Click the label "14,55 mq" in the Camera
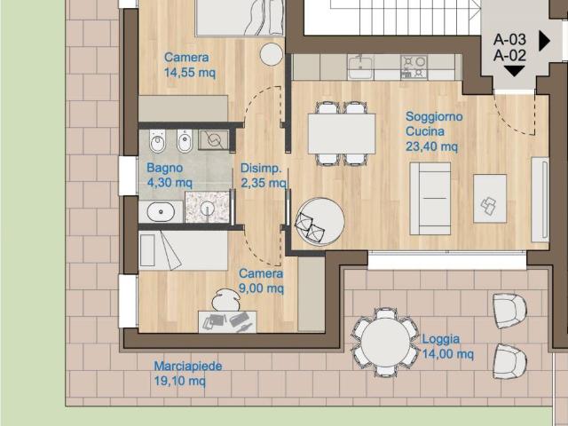tap(190, 73)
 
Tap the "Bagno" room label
tap(164, 168)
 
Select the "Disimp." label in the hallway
tap(261, 168)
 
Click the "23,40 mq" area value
tap(431, 146)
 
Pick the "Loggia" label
tap(441, 339)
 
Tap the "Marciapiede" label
tap(188, 366)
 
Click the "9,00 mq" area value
tap(261, 288)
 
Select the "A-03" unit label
tap(509, 39)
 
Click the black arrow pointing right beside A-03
tap(544, 41)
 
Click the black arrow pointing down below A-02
tap(514, 71)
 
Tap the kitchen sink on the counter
tap(360, 67)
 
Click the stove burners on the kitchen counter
tap(414, 67)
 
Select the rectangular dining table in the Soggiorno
tap(342, 134)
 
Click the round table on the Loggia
tap(385, 342)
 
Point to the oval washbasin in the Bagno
tap(161, 211)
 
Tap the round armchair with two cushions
tap(319, 221)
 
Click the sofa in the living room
tap(430, 199)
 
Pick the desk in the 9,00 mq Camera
tap(227, 321)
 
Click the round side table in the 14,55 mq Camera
tap(272, 54)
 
